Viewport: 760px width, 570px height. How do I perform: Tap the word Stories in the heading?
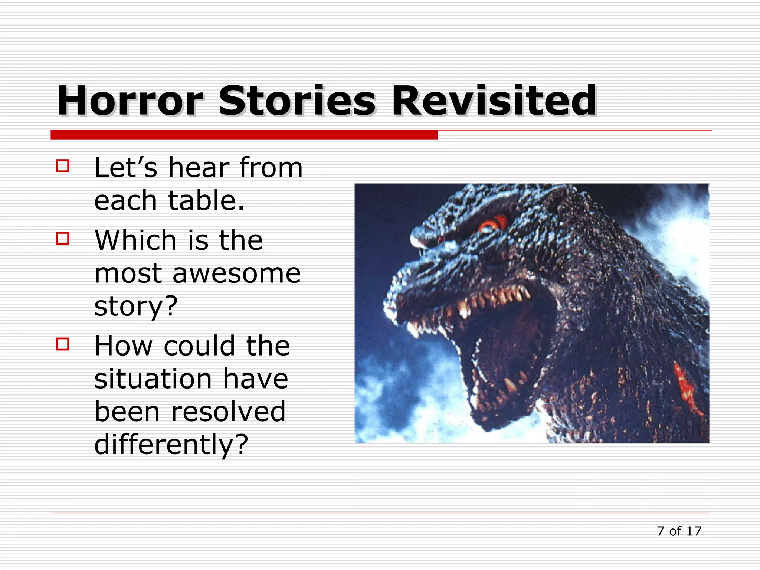pyautogui.click(x=297, y=101)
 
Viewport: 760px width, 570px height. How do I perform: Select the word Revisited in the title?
pyautogui.click(x=494, y=101)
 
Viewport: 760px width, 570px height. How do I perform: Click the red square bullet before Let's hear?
pyautogui.click(x=62, y=166)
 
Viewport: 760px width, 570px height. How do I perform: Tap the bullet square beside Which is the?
pyautogui.click(x=62, y=238)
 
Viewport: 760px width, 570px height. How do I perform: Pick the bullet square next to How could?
pyautogui.click(x=62, y=344)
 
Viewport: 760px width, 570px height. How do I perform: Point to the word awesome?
pyautogui.click(x=236, y=274)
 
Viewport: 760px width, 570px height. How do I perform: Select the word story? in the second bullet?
pyautogui.click(x=136, y=307)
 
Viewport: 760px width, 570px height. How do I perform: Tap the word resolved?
pyautogui.click(x=228, y=412)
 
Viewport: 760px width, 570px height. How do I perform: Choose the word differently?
pyautogui.click(x=171, y=445)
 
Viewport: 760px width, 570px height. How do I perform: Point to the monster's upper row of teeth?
pyautogui.click(x=494, y=297)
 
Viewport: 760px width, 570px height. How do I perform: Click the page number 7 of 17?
pyautogui.click(x=679, y=531)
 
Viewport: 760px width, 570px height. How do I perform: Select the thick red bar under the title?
pyautogui.click(x=244, y=134)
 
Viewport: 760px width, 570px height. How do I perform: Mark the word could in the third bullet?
pyautogui.click(x=199, y=346)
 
